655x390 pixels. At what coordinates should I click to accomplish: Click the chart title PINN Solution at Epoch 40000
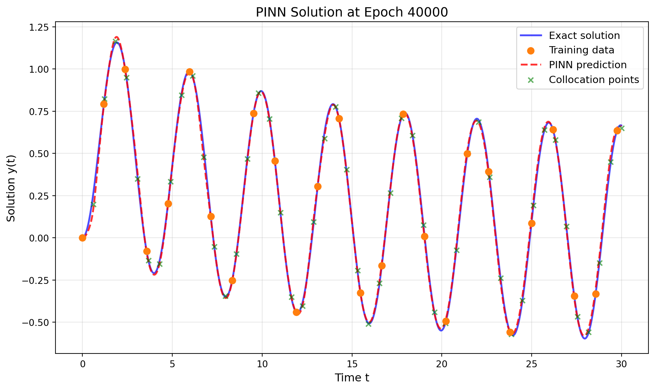(x=351, y=12)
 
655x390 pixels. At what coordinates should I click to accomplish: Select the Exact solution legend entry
(x=584, y=35)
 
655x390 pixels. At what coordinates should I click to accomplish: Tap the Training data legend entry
(x=581, y=50)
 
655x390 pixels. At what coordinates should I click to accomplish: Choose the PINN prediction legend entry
(x=587, y=65)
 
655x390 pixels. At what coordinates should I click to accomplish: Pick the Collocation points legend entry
(x=594, y=80)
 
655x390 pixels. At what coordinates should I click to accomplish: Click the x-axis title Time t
(x=351, y=378)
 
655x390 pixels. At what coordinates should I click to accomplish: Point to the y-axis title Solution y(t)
(x=11, y=188)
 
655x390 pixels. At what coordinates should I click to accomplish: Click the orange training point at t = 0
(x=82, y=238)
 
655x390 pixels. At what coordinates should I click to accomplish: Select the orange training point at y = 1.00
(x=125, y=69)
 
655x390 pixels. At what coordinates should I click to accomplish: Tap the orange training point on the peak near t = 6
(x=190, y=72)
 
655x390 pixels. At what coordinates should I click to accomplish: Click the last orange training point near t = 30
(x=617, y=131)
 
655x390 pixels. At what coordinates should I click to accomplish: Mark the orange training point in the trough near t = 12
(x=296, y=312)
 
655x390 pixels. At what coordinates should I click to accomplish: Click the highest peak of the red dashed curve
(x=117, y=37)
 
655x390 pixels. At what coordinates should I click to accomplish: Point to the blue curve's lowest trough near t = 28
(x=585, y=339)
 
